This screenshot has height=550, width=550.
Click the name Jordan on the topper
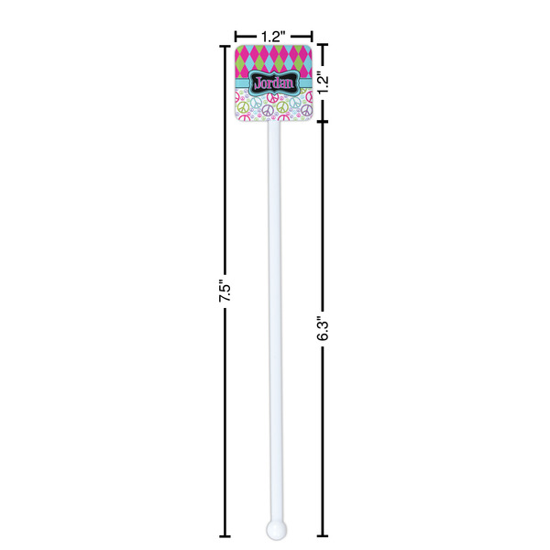pos(272,83)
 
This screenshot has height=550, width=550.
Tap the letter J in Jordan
pos(258,82)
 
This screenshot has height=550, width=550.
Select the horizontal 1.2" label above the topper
pos(272,37)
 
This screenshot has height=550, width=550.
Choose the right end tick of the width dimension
pos(312,37)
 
